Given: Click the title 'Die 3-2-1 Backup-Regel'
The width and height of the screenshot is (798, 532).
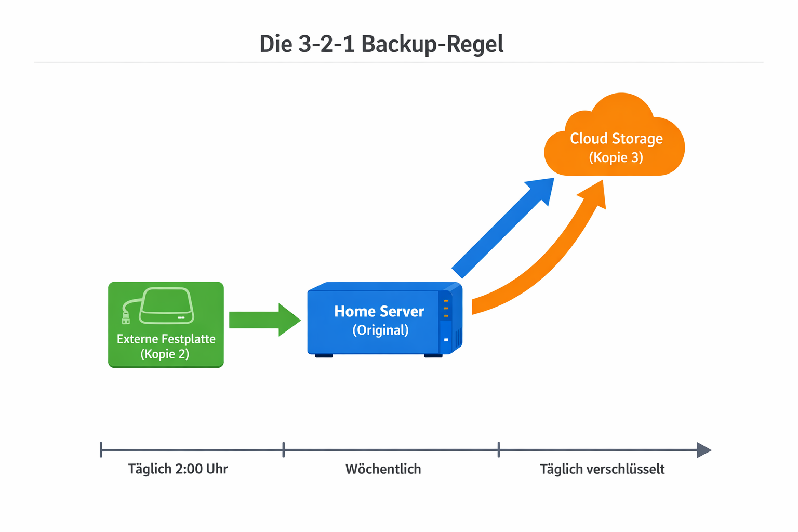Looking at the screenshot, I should click(x=381, y=44).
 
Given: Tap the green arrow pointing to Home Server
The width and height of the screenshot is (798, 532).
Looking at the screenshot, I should click(x=264, y=320).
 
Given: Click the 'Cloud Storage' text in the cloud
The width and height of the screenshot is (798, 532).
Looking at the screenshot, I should click(x=616, y=139).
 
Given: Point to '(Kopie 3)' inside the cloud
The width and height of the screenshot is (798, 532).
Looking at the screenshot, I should click(x=616, y=157).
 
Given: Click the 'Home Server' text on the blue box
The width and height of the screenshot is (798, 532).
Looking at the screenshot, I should click(x=379, y=311).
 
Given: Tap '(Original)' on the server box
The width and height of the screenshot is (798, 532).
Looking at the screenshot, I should click(x=380, y=330).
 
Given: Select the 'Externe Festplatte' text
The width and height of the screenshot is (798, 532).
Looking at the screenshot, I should click(x=166, y=339).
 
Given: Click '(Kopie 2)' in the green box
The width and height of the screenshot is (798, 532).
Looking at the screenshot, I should click(x=165, y=354).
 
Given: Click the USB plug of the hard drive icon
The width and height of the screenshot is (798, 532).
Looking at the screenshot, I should click(x=126, y=317).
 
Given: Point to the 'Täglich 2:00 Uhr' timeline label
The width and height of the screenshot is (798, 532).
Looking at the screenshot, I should click(x=178, y=469).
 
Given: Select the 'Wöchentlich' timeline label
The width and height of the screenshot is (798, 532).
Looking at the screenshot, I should click(x=383, y=469).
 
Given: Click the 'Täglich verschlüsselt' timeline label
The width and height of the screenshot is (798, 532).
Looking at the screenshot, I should click(x=602, y=469).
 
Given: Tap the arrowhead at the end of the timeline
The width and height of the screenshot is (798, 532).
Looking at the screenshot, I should click(x=703, y=450).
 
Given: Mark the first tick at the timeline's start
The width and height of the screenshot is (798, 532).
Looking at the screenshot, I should click(x=101, y=449).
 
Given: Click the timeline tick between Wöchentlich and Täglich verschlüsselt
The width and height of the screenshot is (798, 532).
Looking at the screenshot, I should click(x=499, y=449).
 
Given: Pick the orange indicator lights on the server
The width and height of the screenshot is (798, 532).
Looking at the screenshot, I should click(x=446, y=308).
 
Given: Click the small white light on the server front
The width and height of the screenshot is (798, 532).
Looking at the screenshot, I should click(x=446, y=340).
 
